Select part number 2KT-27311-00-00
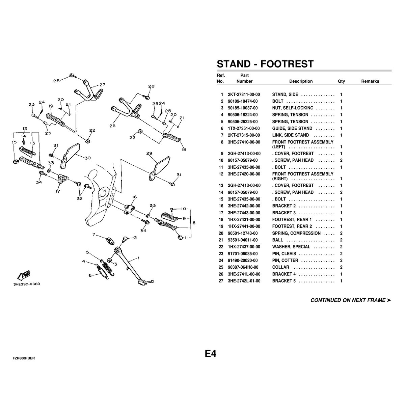point(244,94)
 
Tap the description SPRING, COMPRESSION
point(296,233)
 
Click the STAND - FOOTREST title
point(265,64)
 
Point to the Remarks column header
point(370,81)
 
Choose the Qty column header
point(341,81)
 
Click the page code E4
point(211,354)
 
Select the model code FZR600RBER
point(24,358)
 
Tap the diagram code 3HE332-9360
point(27,284)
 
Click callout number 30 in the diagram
point(88,158)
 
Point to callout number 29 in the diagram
point(149,153)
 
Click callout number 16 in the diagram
point(135,197)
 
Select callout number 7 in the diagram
point(94,235)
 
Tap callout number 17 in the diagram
point(58,191)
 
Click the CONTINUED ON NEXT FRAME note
point(351,300)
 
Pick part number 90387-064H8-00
point(243,267)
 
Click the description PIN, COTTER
point(285,261)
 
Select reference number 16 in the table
point(221,206)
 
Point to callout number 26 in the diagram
point(112,126)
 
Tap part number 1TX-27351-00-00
point(244,128)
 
